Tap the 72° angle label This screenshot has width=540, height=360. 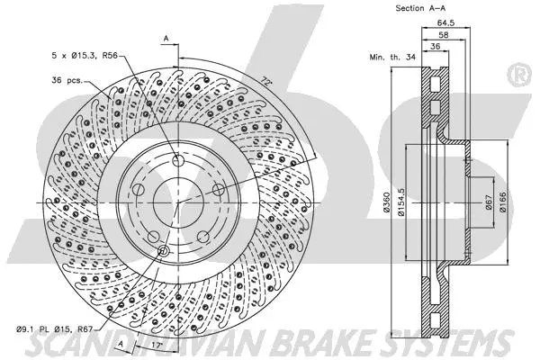pyautogui.click(x=265, y=80)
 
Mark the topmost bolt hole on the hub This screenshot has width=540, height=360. pyautogui.click(x=178, y=161)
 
